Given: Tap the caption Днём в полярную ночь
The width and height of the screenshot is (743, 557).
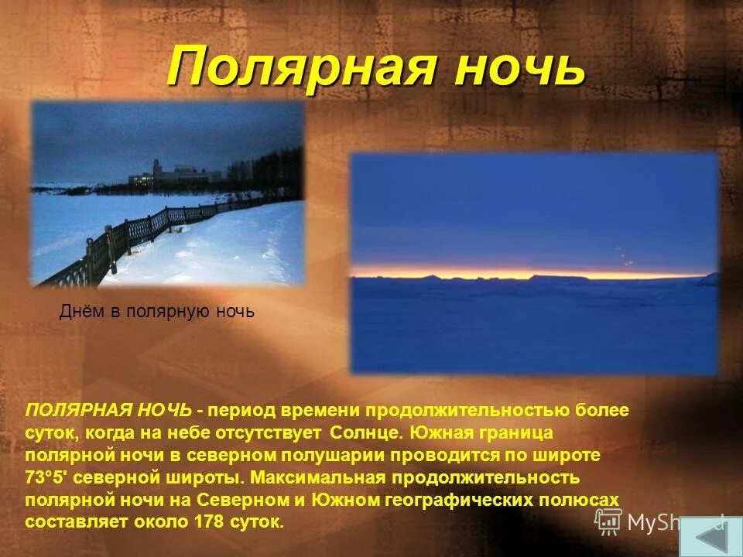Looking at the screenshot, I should point(157,313).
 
